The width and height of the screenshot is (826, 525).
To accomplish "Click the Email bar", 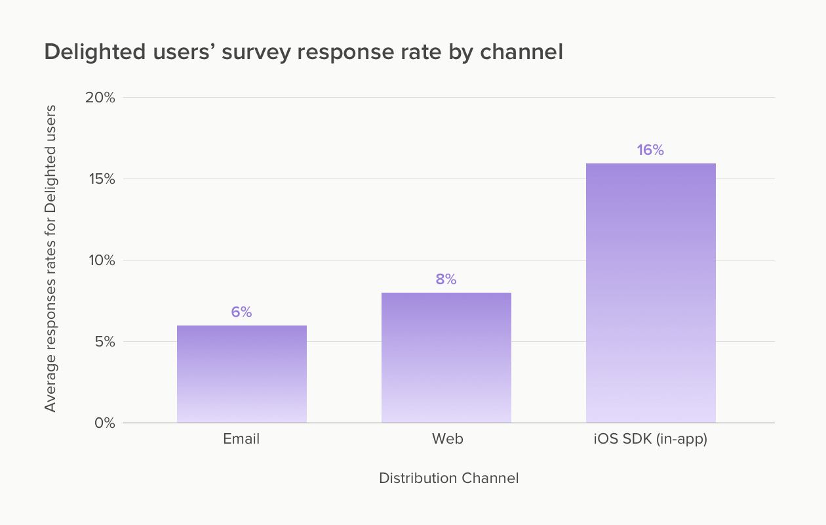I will [241, 374].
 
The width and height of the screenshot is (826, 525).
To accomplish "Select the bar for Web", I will [446, 358].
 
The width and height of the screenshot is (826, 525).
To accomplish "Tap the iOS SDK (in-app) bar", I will [650, 293].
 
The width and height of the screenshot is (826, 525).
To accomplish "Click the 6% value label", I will [241, 312].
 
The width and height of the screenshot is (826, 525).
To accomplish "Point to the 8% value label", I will [446, 280].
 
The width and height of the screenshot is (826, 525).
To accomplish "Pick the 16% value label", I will [650, 150].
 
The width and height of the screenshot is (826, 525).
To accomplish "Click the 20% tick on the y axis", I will [100, 98].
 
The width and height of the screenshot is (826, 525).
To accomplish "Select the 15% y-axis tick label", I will [100, 179].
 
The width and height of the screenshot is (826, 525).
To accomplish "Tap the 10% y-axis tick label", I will [100, 261].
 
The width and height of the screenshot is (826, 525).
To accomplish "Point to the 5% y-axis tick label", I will [103, 342].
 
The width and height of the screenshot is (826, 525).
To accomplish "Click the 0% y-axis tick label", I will [103, 423].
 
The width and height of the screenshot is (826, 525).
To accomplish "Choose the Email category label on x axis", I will [241, 439].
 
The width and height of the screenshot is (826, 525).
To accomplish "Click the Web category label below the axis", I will [447, 439].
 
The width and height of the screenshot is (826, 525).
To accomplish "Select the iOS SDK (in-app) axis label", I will [650, 439].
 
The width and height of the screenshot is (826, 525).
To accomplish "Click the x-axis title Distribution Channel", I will [448, 478].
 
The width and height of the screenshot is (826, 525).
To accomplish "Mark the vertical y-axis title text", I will [50, 259].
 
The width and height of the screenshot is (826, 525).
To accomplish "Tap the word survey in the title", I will [256, 52].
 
